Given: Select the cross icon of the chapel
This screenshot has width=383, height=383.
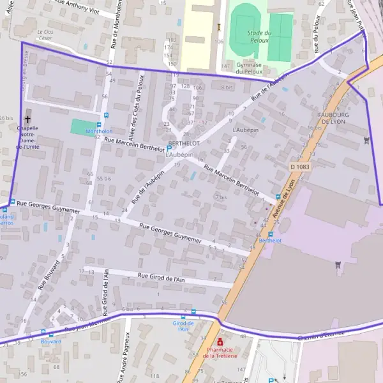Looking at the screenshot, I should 27,119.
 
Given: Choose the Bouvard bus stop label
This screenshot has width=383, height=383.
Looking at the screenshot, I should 50,342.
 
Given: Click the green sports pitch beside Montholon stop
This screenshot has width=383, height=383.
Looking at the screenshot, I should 82,127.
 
